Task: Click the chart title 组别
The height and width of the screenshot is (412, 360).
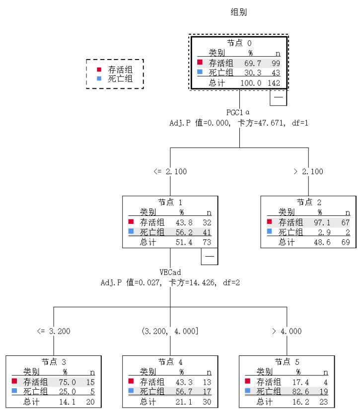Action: pos(239,12)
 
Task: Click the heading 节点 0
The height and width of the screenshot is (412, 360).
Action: pos(239,44)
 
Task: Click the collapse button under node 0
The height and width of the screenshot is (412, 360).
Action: pos(278,98)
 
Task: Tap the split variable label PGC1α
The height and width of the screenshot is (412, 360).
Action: pos(238,112)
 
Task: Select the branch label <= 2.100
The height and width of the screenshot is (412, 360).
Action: pos(170,172)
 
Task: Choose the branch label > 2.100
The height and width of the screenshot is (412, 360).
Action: pos(308,172)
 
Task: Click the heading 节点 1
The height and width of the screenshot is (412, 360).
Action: pos(170,203)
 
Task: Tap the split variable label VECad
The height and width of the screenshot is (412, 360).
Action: pos(170,273)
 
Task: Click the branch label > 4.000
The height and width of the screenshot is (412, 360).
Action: pos(287,332)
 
